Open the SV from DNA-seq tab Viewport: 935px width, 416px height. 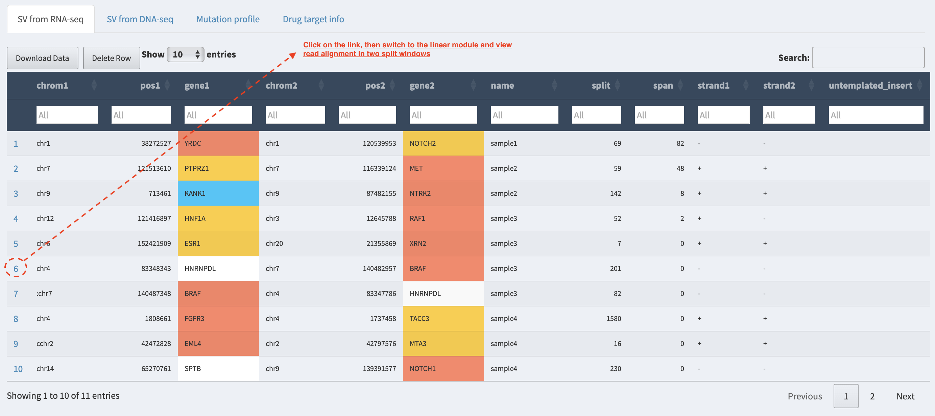(x=140, y=19)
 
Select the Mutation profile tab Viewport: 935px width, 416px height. (x=228, y=19)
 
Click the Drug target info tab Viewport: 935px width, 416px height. (x=313, y=19)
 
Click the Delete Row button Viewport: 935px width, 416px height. (x=112, y=58)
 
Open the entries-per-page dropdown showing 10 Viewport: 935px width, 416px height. (x=186, y=54)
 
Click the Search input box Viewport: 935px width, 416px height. (x=868, y=57)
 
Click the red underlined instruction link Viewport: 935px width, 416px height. (x=407, y=49)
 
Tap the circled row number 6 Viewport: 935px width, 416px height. (x=16, y=269)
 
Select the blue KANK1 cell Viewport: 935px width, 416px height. (x=218, y=193)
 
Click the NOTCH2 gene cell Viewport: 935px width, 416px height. (x=443, y=143)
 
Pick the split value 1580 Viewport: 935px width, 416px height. (x=614, y=319)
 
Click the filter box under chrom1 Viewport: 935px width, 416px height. (x=67, y=115)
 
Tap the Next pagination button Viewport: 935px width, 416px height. (x=905, y=396)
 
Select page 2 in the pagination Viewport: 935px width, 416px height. (x=872, y=396)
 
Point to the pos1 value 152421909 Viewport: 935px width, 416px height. (x=154, y=244)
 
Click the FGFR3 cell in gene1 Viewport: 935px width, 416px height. (x=218, y=319)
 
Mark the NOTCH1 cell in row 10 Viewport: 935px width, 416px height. (x=443, y=369)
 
